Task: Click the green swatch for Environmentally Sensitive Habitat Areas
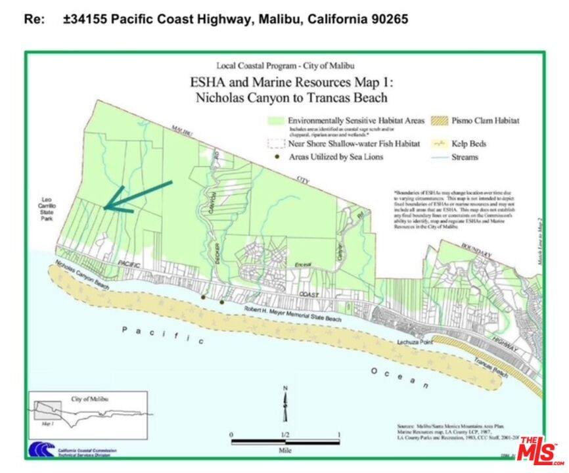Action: point(277,121)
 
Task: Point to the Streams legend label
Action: point(465,158)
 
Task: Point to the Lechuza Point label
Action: point(413,343)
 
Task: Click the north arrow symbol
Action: point(285,405)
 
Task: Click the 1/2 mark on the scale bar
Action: point(285,434)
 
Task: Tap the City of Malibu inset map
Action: point(88,415)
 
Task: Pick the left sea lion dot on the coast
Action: point(204,298)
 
